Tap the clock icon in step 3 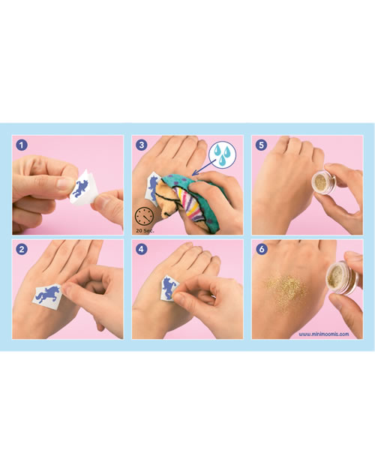(144, 217)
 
